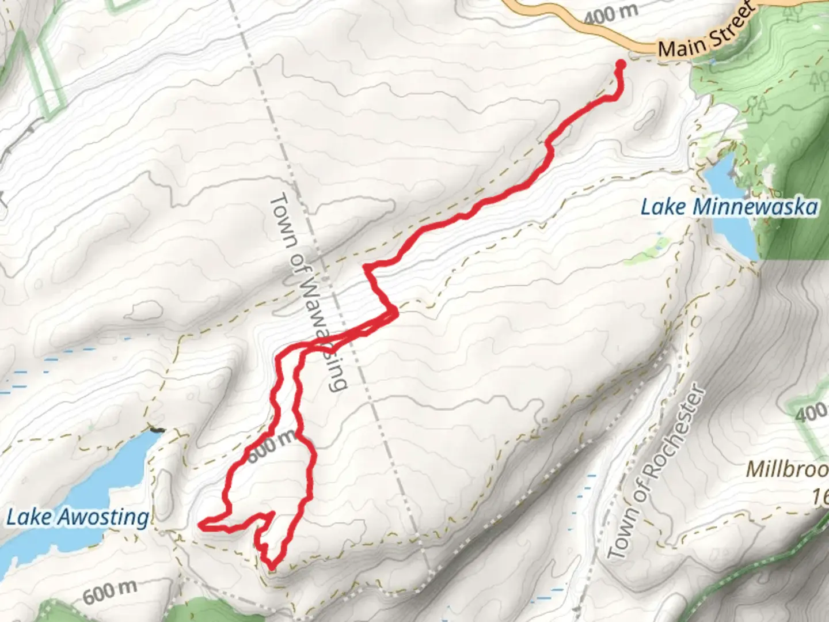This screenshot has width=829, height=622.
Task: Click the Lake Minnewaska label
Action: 729,207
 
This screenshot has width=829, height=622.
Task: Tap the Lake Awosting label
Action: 77,517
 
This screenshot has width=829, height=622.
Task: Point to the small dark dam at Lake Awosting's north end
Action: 156,430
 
